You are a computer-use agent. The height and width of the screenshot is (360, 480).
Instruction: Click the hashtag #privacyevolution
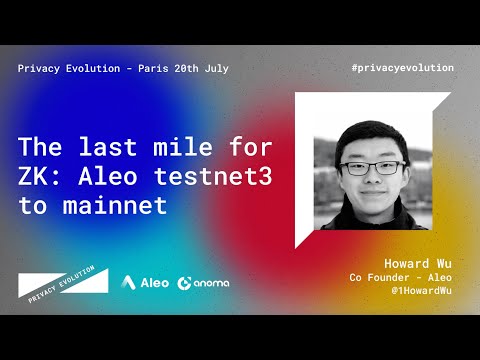click(403, 68)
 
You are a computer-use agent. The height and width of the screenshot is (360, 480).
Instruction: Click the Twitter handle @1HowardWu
click(415, 289)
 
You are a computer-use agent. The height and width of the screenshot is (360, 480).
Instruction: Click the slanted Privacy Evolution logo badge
click(62, 282)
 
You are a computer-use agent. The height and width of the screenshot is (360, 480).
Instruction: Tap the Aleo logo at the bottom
click(145, 283)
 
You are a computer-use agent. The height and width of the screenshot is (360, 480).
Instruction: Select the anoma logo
click(203, 283)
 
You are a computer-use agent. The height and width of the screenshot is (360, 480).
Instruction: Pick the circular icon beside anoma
click(185, 283)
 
